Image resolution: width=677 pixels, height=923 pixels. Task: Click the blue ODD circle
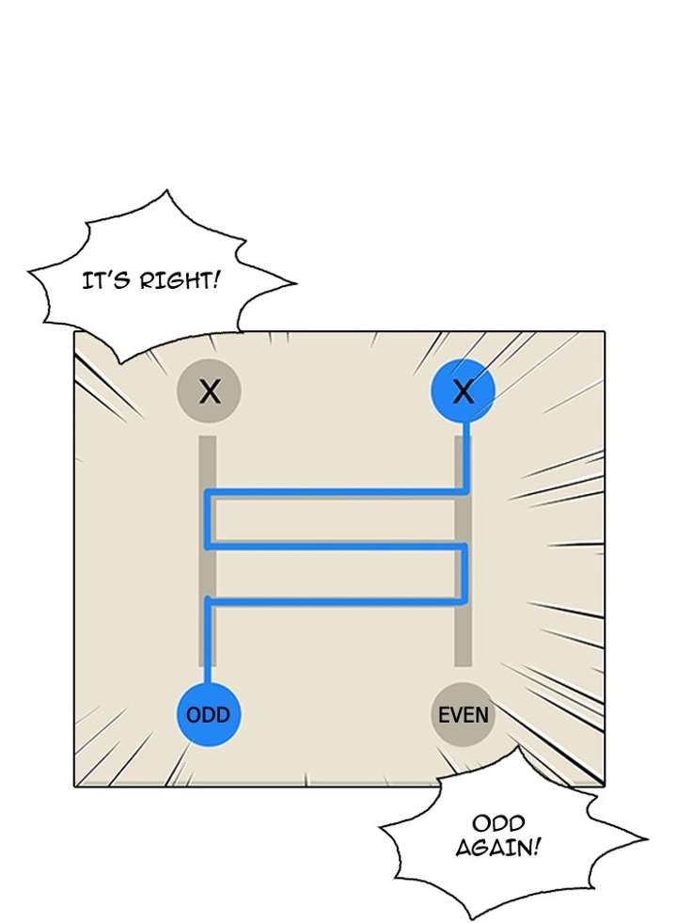click(x=208, y=714)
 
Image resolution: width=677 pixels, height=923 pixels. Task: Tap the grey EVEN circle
click(x=463, y=714)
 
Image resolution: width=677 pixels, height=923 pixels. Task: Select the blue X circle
click(x=463, y=390)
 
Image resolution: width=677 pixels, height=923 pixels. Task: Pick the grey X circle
click(x=209, y=390)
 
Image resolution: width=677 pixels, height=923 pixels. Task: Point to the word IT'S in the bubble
click(x=105, y=279)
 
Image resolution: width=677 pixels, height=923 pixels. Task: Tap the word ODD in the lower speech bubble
click(x=499, y=824)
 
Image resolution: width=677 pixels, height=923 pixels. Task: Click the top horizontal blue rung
click(x=336, y=491)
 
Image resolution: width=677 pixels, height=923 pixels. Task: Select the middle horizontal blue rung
click(x=336, y=545)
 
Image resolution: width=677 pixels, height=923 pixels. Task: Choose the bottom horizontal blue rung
click(x=336, y=599)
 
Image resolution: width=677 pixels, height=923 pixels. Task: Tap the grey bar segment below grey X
click(x=208, y=461)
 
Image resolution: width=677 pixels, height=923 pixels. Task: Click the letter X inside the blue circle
click(x=463, y=391)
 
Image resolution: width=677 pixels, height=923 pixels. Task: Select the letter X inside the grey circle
click(x=209, y=391)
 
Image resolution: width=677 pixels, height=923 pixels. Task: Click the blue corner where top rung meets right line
click(x=466, y=491)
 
